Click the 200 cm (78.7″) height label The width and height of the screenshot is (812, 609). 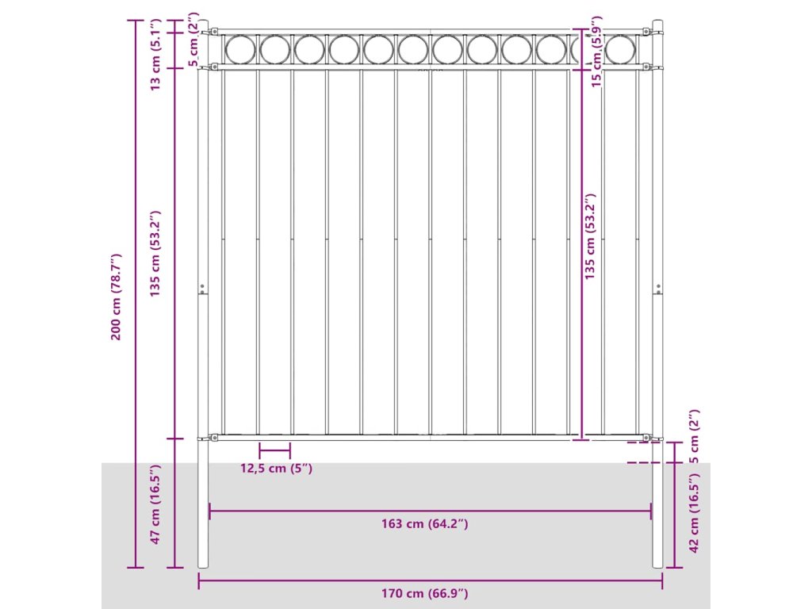click(x=116, y=297)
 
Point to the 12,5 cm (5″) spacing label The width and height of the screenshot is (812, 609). click(x=276, y=468)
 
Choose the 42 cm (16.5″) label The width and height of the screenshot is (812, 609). click(x=694, y=513)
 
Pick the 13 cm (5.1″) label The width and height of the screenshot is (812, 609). click(x=156, y=50)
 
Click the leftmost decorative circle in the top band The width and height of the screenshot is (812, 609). click(x=239, y=50)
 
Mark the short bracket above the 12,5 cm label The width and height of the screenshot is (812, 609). click(x=274, y=450)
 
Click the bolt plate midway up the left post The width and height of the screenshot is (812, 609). click(x=202, y=289)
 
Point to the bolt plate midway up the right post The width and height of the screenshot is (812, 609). click(x=657, y=289)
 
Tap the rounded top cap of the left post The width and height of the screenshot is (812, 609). click(x=202, y=23)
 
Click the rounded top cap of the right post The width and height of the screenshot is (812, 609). click(x=657, y=23)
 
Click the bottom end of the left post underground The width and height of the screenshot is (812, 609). click(x=203, y=565)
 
